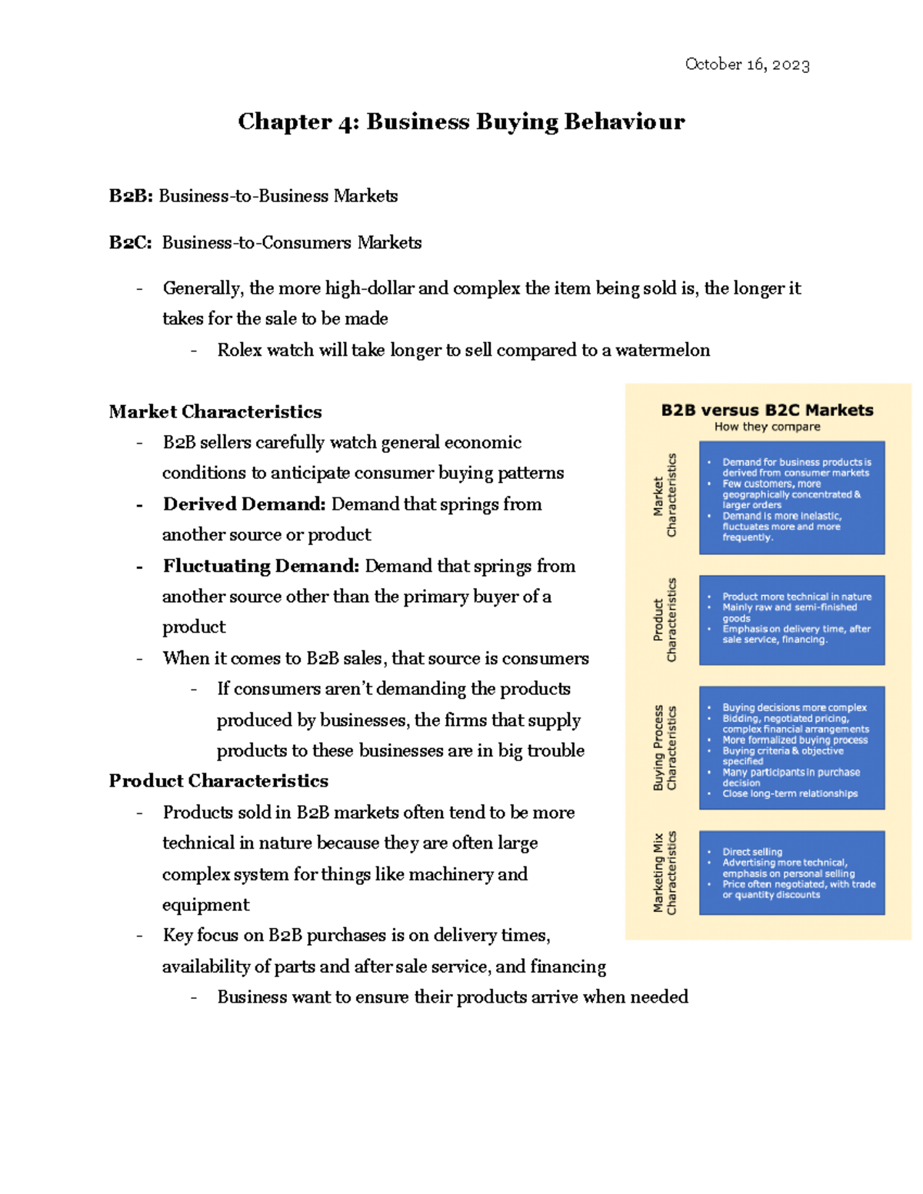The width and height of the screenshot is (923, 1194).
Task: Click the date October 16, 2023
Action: click(x=747, y=65)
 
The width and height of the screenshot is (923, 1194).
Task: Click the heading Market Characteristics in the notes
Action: click(x=215, y=412)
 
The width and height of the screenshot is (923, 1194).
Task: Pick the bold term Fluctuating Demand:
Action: click(x=261, y=567)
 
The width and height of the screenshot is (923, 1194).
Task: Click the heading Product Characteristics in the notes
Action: click(x=218, y=781)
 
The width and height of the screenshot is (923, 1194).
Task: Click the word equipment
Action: click(x=205, y=905)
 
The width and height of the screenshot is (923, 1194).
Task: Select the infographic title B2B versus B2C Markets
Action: click(x=767, y=411)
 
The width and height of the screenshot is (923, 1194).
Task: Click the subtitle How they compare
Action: click(x=767, y=427)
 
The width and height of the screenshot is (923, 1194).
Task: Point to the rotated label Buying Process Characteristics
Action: click(x=665, y=747)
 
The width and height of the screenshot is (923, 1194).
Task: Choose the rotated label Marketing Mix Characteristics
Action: click(x=665, y=873)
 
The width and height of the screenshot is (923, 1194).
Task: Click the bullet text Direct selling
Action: click(x=751, y=852)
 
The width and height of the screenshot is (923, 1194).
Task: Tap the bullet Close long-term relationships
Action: click(x=789, y=793)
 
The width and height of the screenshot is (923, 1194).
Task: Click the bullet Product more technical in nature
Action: click(x=796, y=597)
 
